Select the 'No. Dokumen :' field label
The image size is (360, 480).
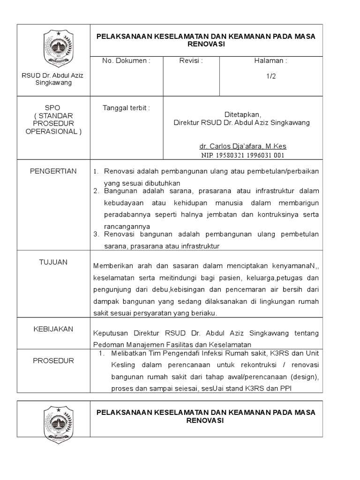tap(127, 61)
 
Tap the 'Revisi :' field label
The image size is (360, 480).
tap(191, 61)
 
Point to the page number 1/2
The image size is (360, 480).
tap(270, 77)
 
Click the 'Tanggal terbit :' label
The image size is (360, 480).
tap(126, 108)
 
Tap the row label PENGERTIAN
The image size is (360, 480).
tap(53, 171)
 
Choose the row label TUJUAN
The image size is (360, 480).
tap(53, 262)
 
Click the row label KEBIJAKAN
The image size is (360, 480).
tap(53, 329)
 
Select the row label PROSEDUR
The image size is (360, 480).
tap(53, 361)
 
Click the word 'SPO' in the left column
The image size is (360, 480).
tap(53, 108)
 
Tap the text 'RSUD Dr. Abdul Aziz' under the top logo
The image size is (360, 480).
tap(53, 75)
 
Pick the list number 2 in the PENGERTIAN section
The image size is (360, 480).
tap(96, 191)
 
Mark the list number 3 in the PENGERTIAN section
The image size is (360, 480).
tap(96, 234)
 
